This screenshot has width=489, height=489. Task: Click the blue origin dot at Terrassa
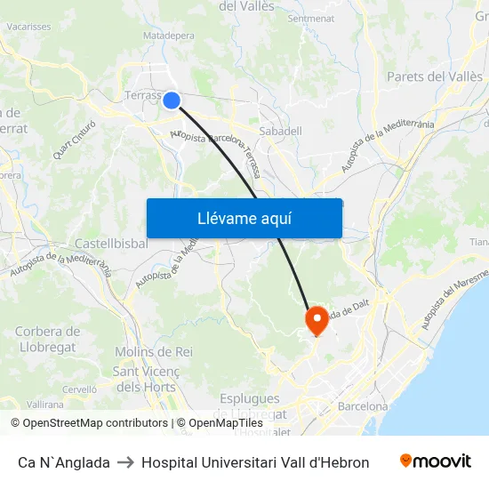[x=172, y=100]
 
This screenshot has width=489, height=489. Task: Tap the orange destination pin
[x=317, y=320]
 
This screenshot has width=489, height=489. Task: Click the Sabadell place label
[x=280, y=131]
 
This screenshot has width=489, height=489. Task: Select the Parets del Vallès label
[x=434, y=77]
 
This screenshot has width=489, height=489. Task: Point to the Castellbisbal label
[x=111, y=243]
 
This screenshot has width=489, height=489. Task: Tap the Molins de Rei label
[x=153, y=352]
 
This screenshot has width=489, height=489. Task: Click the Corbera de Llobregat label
[x=47, y=338]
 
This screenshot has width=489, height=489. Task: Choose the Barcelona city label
[x=363, y=406]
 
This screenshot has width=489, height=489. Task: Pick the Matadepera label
[x=168, y=36]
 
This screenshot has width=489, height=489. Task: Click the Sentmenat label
[x=311, y=18]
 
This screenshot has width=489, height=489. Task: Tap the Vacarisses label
[x=28, y=27]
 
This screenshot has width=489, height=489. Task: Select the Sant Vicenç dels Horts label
[x=147, y=379]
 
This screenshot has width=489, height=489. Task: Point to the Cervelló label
[x=79, y=389]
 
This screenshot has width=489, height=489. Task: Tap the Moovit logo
[x=436, y=461]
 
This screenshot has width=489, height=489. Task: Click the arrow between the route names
[x=125, y=462]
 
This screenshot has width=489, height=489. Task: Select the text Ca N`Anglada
[x=64, y=462]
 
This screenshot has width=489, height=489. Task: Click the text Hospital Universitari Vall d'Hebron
[x=255, y=462]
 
